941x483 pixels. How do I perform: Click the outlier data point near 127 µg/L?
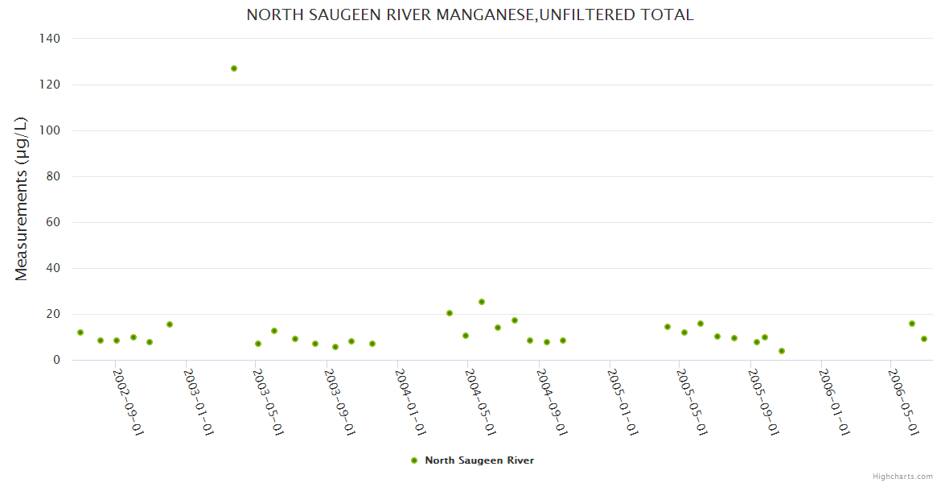click(234, 68)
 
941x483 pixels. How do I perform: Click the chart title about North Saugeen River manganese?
click(470, 15)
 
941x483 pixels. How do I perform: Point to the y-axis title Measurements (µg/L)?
click(22, 199)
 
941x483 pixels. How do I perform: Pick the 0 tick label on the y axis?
click(56, 361)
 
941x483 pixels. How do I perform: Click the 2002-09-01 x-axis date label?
click(128, 402)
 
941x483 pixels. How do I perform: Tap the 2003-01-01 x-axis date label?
click(198, 402)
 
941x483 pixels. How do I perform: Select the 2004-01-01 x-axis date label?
click(410, 402)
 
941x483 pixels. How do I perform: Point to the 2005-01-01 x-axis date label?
click(623, 402)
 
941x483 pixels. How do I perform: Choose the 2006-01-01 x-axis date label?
click(834, 402)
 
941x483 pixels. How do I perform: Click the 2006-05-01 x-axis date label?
click(903, 402)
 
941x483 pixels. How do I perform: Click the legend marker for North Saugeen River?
click(414, 460)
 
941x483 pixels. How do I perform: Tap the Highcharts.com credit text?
click(902, 476)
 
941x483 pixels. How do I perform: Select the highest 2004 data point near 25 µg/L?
click(482, 302)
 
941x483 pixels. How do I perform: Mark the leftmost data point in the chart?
click(80, 332)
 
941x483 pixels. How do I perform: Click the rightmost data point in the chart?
click(924, 339)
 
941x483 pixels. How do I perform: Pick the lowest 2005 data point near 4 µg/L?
click(782, 351)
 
